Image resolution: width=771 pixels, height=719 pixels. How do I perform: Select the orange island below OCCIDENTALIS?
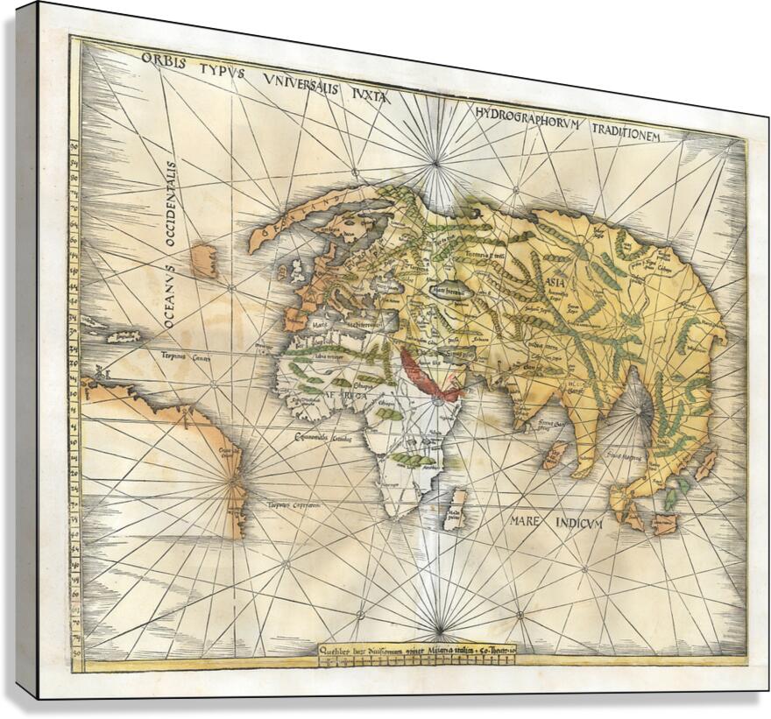tap(204, 260)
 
